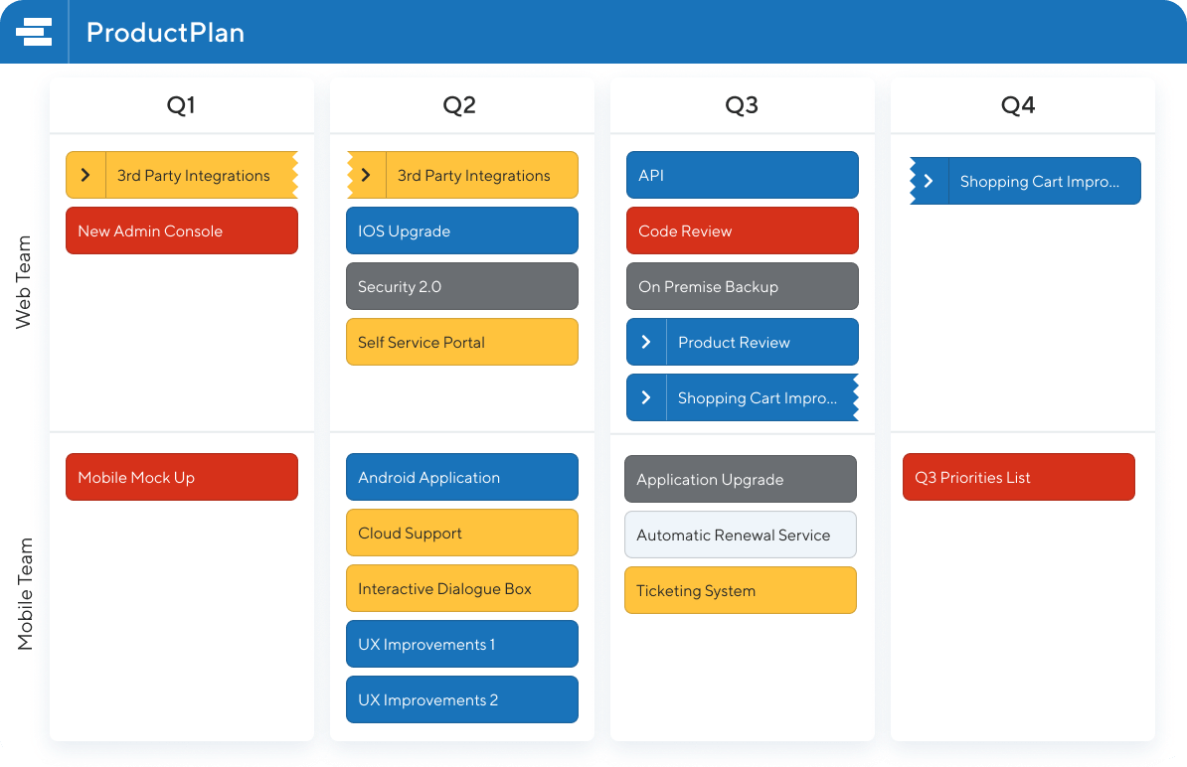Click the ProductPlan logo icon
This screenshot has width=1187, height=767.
click(x=34, y=32)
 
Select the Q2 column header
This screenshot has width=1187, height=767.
click(x=459, y=105)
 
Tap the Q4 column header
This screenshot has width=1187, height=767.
click(x=1017, y=105)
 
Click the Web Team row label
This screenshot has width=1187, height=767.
click(x=24, y=282)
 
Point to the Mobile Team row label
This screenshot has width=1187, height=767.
click(x=25, y=594)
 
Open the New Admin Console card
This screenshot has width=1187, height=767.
click(x=182, y=230)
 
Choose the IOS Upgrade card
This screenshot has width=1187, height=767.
click(x=462, y=230)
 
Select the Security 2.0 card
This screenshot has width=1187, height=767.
click(x=462, y=286)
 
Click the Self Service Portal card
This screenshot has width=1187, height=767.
click(x=462, y=342)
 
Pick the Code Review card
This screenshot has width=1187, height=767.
click(x=743, y=230)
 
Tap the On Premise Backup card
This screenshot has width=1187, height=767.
click(x=743, y=286)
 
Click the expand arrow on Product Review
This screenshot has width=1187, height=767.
click(x=646, y=342)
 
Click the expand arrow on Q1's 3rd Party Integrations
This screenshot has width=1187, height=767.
click(x=85, y=175)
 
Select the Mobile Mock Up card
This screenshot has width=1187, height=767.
click(x=182, y=477)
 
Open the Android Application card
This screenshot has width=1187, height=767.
click(x=462, y=477)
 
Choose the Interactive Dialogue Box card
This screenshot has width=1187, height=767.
click(x=462, y=588)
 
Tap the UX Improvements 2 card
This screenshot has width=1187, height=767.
click(x=462, y=699)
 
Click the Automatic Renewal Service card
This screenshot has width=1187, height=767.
click(x=741, y=535)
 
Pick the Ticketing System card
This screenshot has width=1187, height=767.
click(x=741, y=590)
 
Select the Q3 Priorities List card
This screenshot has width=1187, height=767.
click(x=1019, y=477)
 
